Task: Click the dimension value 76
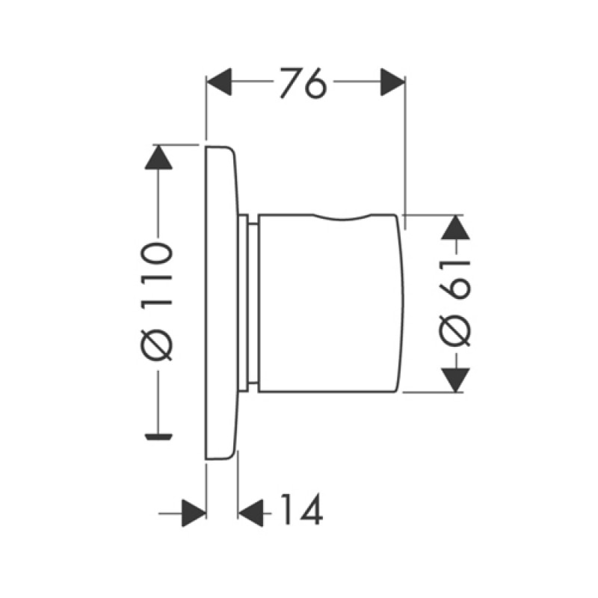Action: click(x=303, y=83)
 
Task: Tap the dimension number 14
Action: click(x=302, y=510)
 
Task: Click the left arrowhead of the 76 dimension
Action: click(x=219, y=81)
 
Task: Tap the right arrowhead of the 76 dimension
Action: click(x=392, y=82)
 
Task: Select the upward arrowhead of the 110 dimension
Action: click(x=158, y=157)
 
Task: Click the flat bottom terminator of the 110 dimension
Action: click(x=158, y=437)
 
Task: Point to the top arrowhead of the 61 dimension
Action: click(x=455, y=228)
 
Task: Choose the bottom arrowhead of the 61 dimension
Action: click(x=455, y=380)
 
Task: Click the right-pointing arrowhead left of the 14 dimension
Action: click(x=194, y=513)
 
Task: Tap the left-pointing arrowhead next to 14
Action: click(x=250, y=513)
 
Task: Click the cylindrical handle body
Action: click(x=330, y=303)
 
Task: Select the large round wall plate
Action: click(x=221, y=303)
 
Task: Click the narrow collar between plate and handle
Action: click(x=248, y=303)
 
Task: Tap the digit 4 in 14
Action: click(x=310, y=510)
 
